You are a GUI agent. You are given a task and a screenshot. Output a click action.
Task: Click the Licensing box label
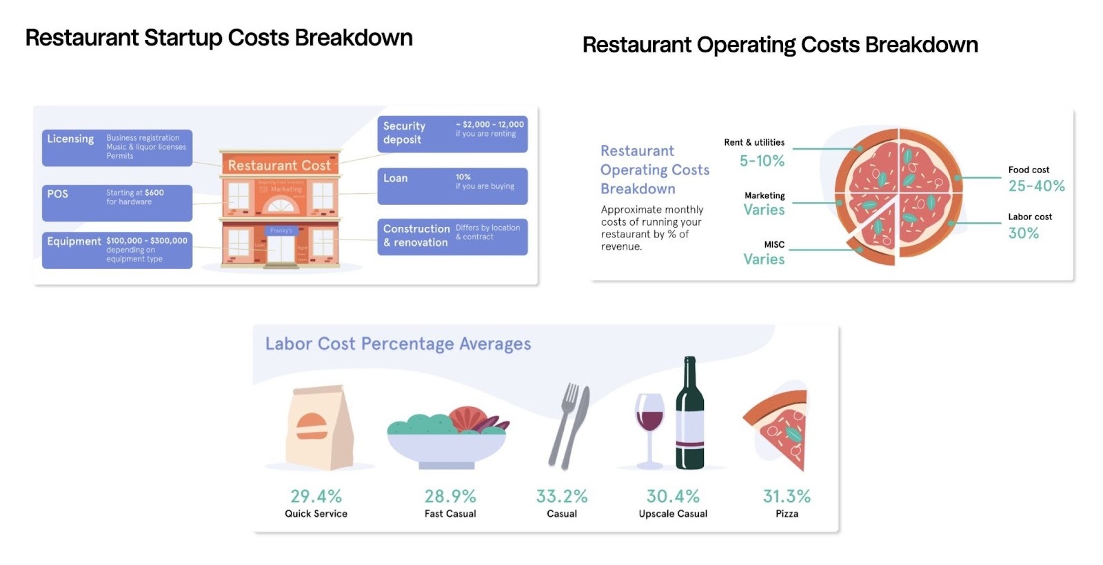click(x=70, y=139)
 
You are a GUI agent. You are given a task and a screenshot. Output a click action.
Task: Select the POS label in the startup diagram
click(x=58, y=194)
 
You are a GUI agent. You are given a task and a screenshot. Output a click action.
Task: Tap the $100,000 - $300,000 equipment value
click(x=147, y=241)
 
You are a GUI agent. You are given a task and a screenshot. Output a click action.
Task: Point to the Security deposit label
click(x=404, y=132)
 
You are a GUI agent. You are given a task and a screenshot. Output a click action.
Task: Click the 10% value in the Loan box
click(x=463, y=177)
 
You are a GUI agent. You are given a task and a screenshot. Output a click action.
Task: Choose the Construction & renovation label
click(x=416, y=235)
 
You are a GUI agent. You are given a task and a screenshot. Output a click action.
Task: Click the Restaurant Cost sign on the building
click(x=279, y=166)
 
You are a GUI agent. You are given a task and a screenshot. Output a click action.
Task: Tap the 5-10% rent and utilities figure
click(x=762, y=161)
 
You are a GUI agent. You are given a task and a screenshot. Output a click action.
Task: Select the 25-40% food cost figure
click(x=1036, y=186)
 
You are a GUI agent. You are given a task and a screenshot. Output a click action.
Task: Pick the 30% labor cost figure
click(x=1023, y=233)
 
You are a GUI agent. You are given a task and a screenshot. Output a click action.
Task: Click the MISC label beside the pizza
click(x=774, y=245)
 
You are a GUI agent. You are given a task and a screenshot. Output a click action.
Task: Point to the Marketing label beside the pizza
click(x=765, y=196)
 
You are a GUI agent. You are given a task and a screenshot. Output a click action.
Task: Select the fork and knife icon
click(x=569, y=426)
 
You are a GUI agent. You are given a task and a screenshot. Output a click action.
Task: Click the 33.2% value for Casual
click(x=562, y=497)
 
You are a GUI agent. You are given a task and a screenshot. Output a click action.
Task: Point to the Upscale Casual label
click(x=673, y=514)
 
